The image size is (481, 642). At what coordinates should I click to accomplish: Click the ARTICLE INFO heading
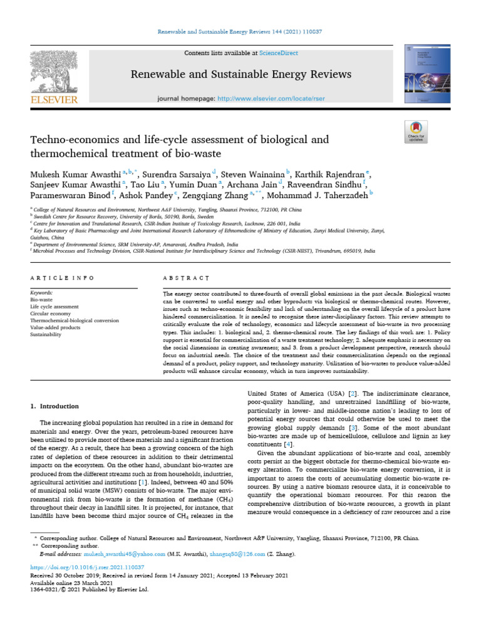click(63, 277)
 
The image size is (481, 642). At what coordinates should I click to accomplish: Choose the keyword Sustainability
click(47, 335)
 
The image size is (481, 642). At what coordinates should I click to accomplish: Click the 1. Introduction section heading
click(55, 406)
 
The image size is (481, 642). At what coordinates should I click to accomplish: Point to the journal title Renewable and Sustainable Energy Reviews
click(240, 75)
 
